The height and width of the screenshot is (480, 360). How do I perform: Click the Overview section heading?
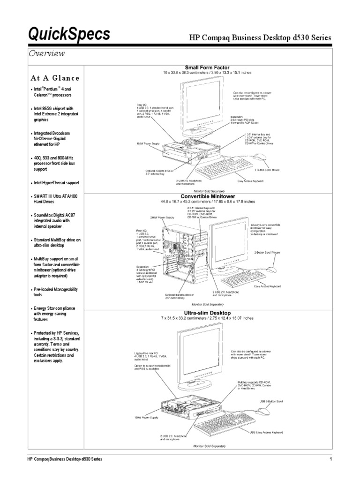click(x=46, y=54)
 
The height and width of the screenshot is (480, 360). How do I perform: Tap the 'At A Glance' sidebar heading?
click(x=56, y=78)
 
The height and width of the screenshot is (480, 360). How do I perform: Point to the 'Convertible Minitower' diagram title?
click(x=207, y=196)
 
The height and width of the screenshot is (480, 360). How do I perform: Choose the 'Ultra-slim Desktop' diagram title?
click(x=207, y=312)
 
